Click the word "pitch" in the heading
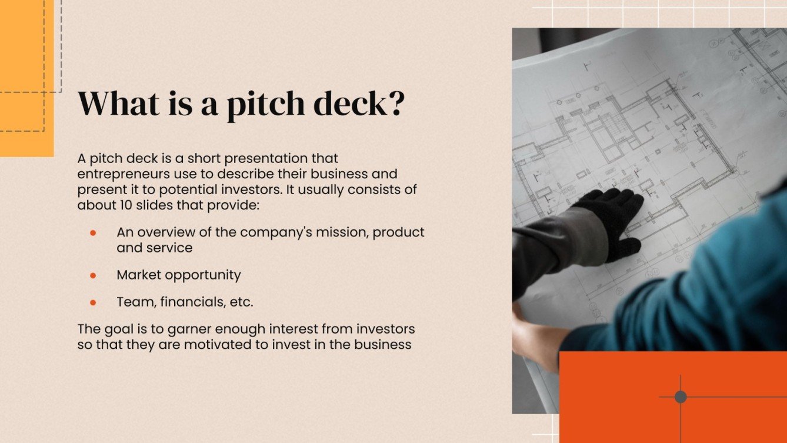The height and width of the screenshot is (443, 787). (264, 104)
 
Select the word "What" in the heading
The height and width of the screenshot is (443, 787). (118, 103)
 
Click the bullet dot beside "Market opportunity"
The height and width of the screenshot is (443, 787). (93, 275)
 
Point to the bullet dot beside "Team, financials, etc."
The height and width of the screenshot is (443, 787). (93, 303)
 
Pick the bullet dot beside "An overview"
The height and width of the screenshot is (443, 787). (93, 232)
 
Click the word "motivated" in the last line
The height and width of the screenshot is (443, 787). (215, 345)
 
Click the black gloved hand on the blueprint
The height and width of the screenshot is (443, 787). (612, 220)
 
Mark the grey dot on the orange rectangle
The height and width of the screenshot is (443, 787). (680, 397)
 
